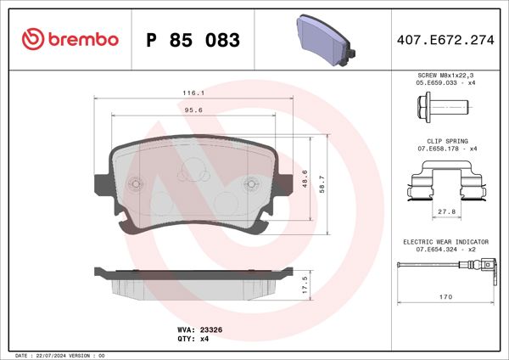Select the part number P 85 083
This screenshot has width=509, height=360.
pyautogui.click(x=193, y=40)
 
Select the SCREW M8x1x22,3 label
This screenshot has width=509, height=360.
pyautogui.click(x=445, y=76)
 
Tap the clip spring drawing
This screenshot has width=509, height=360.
pyautogui.click(x=445, y=183)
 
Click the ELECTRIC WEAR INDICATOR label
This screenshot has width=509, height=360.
pyautogui.click(x=445, y=242)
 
